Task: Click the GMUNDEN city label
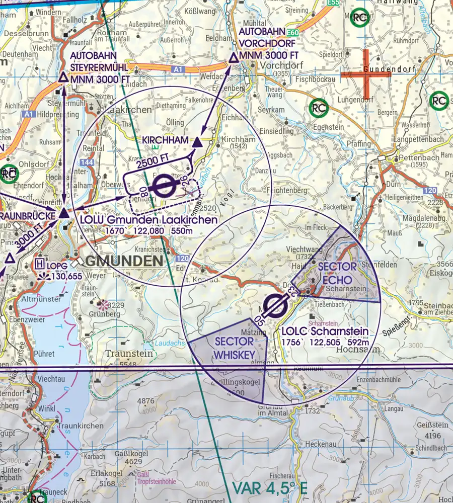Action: (x=124, y=261)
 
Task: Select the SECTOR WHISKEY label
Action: (x=234, y=347)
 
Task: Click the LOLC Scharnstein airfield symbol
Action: (x=275, y=305)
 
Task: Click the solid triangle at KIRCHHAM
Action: (x=197, y=142)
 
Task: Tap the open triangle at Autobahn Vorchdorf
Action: (x=234, y=59)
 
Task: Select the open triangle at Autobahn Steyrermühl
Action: (x=63, y=77)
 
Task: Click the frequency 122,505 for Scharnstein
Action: (x=324, y=342)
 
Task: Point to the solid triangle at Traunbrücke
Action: (x=63, y=214)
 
